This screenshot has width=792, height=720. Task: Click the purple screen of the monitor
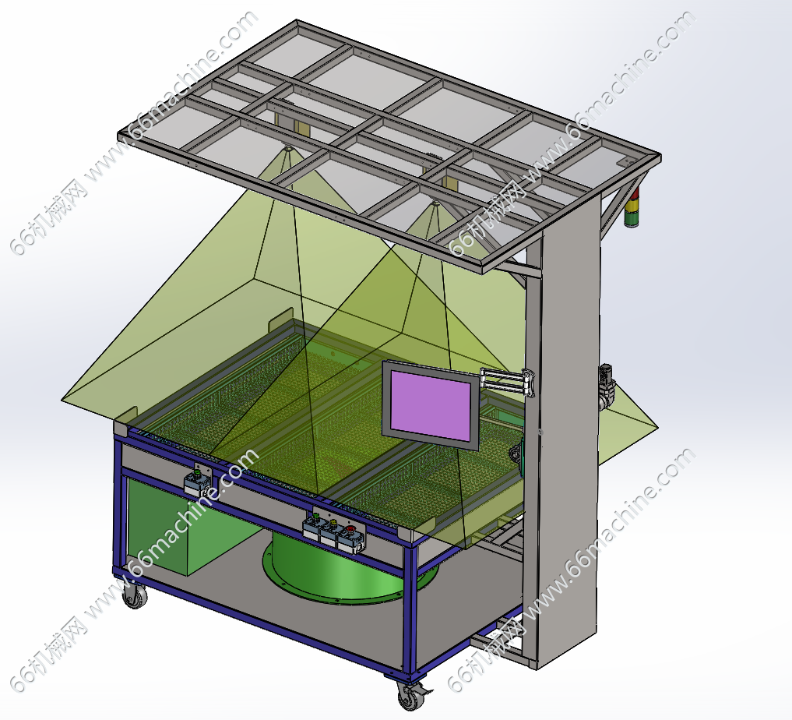(x=431, y=404)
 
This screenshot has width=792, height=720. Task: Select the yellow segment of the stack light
(x=632, y=206)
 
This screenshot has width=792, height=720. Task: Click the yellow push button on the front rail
(x=333, y=522)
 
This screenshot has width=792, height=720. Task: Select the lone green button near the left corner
(x=197, y=474)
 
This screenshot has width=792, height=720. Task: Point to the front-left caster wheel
(x=135, y=596)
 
